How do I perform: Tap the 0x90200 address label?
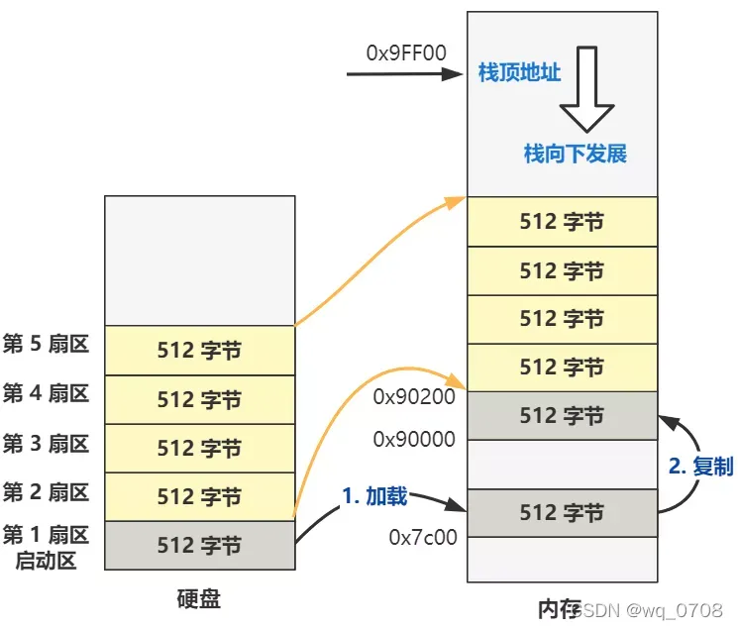coord(413,397)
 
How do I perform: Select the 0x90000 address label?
coord(413,438)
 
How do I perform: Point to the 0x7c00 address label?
coord(422,538)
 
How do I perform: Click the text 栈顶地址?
coord(519,74)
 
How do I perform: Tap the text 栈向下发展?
coord(575,154)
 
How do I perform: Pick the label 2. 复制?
coord(700,466)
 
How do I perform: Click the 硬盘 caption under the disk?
coord(199,599)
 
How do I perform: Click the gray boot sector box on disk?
coord(199,546)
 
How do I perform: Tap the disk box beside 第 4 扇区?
coord(199,399)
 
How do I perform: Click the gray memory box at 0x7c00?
coord(561,513)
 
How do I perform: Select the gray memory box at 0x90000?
coord(561,416)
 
